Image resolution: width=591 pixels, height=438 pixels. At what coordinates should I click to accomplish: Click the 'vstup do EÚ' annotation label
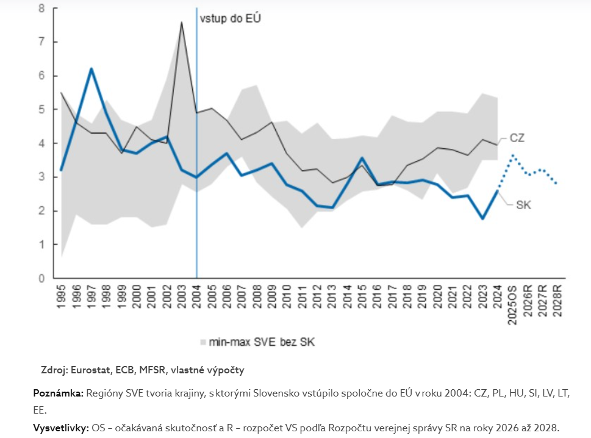pos(231,18)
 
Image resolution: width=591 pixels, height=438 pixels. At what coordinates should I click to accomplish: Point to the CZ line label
pos(517,138)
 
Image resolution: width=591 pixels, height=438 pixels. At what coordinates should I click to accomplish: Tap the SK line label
pos(523,205)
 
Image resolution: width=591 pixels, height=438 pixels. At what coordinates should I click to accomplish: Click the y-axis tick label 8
pos(41,9)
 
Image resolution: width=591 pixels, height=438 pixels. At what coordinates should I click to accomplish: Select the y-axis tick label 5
pos(41,110)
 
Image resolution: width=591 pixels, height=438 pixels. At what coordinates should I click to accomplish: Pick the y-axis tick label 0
pos(41,279)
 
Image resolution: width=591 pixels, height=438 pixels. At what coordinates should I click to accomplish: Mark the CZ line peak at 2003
pos(182,23)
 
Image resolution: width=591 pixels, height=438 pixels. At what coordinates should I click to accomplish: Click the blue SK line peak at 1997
pos(91,68)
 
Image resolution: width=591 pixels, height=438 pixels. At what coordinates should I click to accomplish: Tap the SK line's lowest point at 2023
pos(482,218)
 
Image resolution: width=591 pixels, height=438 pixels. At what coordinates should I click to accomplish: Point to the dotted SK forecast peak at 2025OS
pos(513,155)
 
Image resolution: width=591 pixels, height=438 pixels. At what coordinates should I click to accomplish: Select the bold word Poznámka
pos(58,393)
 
